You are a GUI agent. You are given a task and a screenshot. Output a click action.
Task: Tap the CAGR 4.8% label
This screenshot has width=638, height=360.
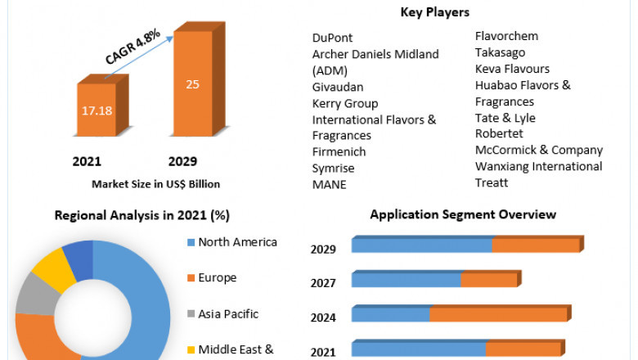point(133,47)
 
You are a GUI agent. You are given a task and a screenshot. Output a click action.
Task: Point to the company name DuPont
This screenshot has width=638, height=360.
point(332,38)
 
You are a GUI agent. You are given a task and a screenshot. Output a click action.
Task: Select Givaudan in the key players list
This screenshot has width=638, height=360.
point(338,87)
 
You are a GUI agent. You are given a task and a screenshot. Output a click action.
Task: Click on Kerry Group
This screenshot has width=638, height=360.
point(344,103)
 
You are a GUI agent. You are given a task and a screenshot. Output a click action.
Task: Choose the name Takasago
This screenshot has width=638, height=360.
point(501,52)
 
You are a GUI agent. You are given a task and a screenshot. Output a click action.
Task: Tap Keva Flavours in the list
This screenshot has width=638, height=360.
point(512,69)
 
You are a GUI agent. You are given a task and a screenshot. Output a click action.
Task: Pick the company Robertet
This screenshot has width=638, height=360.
point(500,134)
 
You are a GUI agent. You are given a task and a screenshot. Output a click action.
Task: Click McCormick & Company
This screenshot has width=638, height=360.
point(538,151)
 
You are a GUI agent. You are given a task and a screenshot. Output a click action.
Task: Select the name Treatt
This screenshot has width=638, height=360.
point(492,182)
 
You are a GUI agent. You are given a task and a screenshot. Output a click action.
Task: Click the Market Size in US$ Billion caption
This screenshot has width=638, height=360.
point(155,184)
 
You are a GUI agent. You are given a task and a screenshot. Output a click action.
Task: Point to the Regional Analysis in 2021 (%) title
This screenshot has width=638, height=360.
point(142,216)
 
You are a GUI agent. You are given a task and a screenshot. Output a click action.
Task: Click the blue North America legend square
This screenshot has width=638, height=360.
point(191,242)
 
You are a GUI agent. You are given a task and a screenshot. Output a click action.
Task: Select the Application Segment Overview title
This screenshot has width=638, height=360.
point(463,214)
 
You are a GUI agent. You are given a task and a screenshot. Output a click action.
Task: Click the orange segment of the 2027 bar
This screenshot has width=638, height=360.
point(488,280)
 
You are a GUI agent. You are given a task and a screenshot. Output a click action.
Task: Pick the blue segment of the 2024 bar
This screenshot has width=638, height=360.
point(391,314)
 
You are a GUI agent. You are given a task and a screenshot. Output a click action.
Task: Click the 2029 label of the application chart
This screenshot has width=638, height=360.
point(323,249)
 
